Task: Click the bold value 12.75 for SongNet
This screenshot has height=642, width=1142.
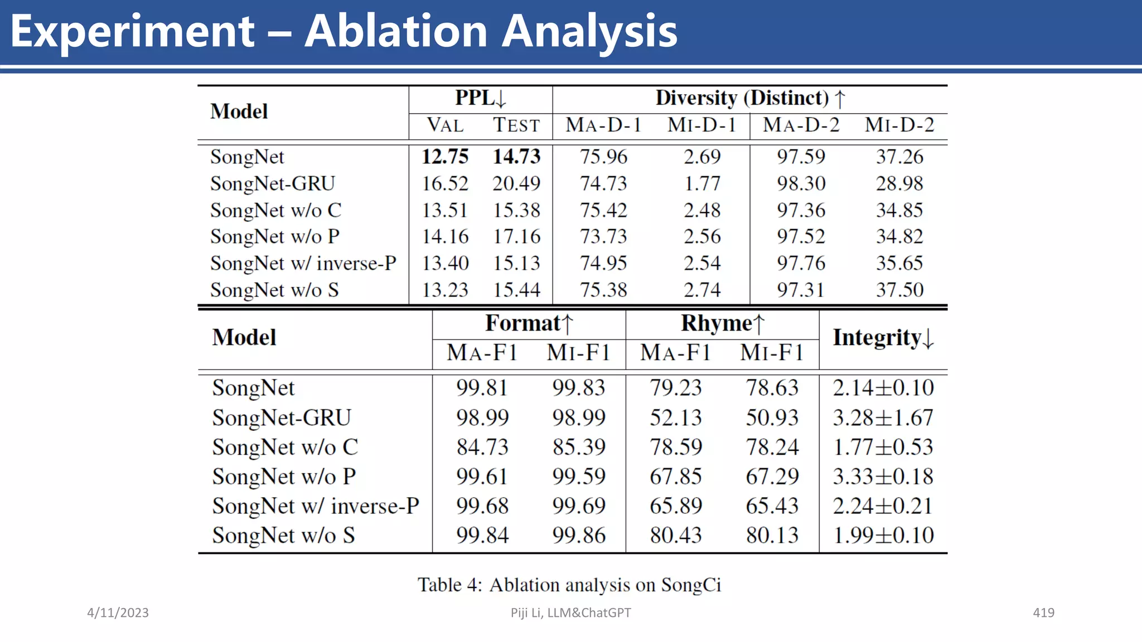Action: (444, 157)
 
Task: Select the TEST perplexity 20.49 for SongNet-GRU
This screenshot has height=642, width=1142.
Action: (516, 183)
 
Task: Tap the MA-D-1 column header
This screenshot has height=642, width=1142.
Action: (603, 125)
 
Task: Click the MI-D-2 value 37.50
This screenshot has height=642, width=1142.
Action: (899, 290)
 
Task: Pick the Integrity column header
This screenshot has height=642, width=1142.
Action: (883, 338)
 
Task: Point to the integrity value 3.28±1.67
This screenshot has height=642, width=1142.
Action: (883, 417)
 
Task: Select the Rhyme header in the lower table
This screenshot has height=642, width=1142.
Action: (722, 323)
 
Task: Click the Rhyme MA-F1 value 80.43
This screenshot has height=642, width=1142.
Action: (675, 535)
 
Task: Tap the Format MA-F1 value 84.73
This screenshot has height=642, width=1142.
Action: (482, 447)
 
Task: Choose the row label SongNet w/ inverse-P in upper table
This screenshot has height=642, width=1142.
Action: (303, 263)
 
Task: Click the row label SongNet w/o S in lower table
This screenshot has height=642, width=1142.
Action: (283, 535)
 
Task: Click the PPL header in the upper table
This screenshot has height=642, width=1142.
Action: (480, 98)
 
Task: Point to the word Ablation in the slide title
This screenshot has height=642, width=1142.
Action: (396, 31)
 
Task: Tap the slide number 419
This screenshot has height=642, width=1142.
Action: (1043, 612)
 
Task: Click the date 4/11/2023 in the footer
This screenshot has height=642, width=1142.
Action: (118, 612)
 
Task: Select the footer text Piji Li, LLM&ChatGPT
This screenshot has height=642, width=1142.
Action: (570, 612)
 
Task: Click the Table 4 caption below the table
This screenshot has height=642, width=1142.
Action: (569, 585)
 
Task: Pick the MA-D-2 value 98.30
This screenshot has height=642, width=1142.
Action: (801, 183)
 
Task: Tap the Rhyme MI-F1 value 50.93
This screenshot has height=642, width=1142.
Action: (772, 417)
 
